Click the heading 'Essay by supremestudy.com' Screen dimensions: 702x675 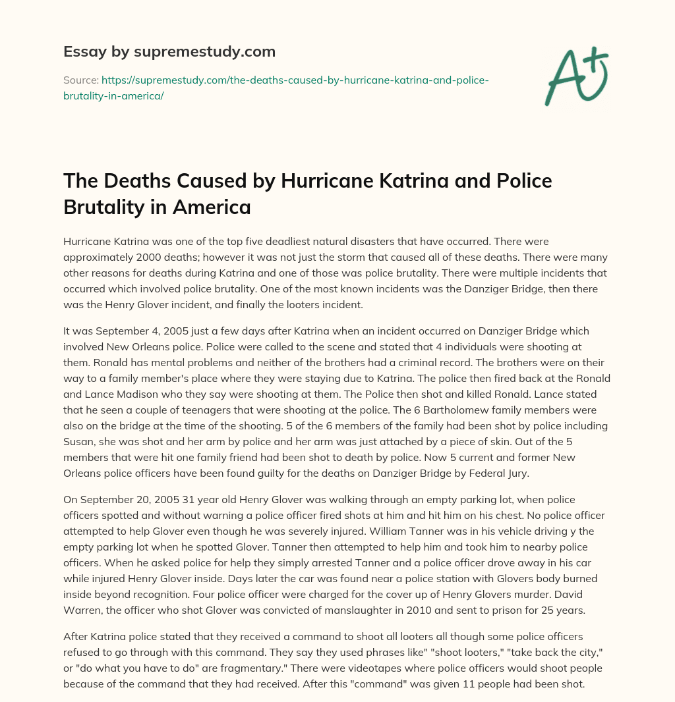(169, 51)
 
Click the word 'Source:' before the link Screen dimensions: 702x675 (80, 80)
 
